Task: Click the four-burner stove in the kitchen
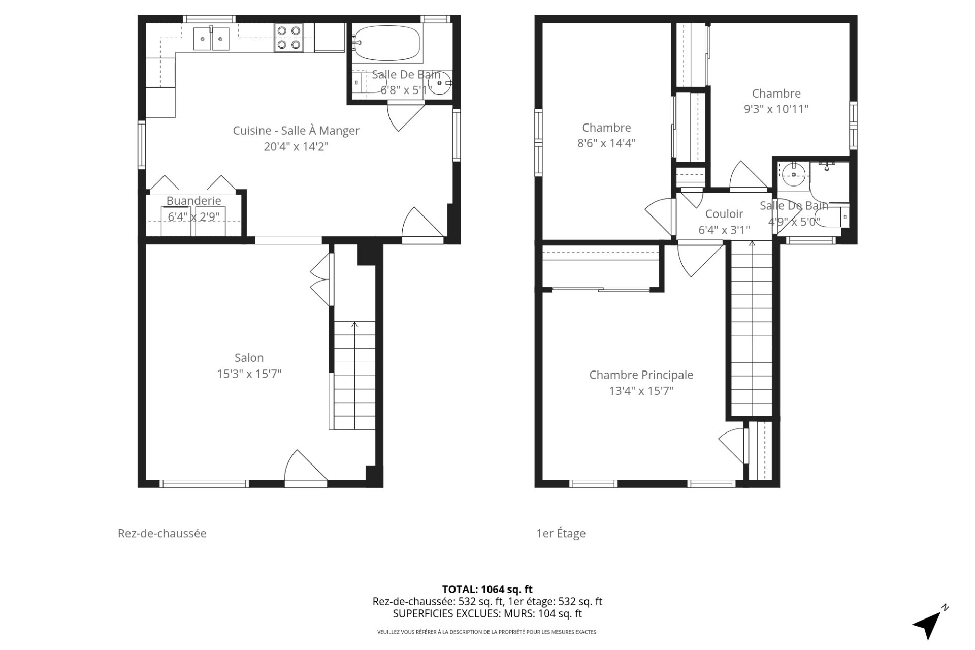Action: [x=288, y=38]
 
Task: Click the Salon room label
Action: [x=249, y=358]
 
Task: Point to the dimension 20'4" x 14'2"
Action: [x=296, y=147]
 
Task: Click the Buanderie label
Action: [x=193, y=201]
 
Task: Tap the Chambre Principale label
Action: [x=641, y=375]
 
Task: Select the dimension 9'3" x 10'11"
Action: [x=776, y=109]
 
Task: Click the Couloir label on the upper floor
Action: [x=724, y=214]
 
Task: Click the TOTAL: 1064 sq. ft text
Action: [x=487, y=590]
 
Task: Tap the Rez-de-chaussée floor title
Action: [x=162, y=533]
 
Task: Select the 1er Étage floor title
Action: [x=561, y=533]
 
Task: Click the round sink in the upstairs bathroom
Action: [x=793, y=175]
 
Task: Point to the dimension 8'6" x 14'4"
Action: [x=606, y=143]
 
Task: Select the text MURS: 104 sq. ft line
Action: [x=487, y=613]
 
